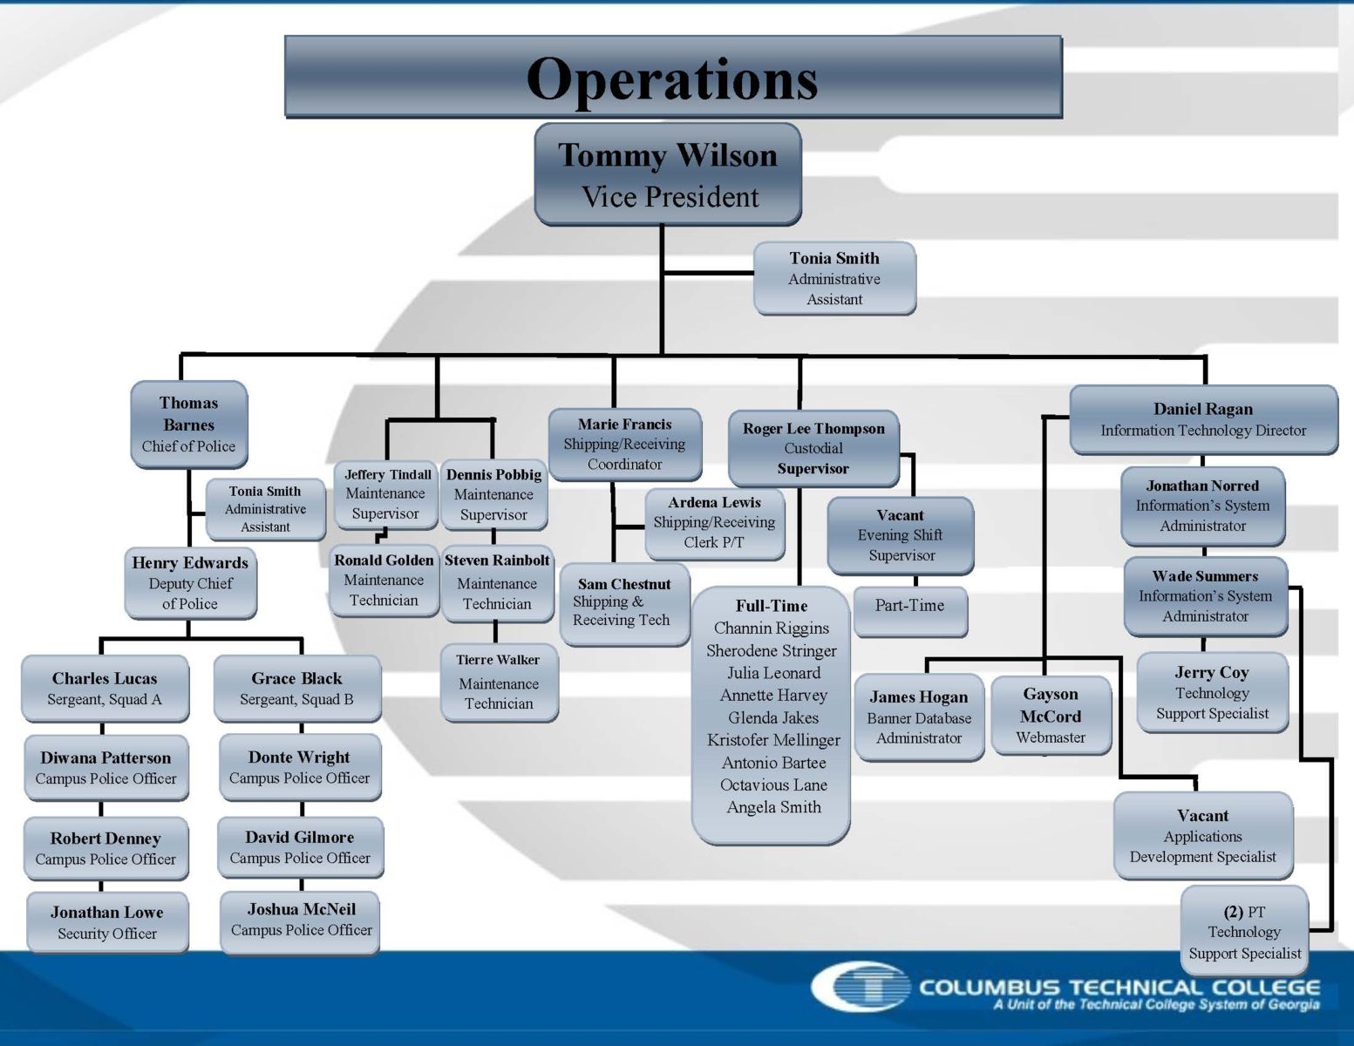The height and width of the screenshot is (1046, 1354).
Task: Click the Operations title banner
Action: [674, 77]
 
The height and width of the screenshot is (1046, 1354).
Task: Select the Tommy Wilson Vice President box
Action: [668, 173]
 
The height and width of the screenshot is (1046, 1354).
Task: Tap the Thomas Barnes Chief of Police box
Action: [189, 425]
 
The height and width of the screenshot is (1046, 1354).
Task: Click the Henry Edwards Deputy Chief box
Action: [190, 583]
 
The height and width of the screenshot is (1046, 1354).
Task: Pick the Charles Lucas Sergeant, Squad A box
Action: [105, 689]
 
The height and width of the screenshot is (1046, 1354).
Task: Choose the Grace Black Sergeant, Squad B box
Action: [297, 689]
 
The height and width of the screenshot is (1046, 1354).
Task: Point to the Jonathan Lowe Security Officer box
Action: [107, 922]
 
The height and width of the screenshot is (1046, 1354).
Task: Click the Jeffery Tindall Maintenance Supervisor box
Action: [385, 494]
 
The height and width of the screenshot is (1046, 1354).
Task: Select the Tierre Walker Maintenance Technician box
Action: [499, 683]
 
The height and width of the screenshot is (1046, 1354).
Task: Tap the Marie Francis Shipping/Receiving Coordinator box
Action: [625, 445]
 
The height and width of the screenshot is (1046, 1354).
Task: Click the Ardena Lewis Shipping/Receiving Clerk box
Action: [715, 523]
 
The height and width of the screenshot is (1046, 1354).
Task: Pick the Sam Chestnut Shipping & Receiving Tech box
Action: [625, 604]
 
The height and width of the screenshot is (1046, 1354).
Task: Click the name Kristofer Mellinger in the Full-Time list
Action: [773, 740]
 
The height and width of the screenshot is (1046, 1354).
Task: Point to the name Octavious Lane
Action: [773, 785]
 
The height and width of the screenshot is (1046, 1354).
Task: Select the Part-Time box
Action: [910, 610]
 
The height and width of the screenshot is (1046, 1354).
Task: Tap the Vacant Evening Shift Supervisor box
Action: [901, 536]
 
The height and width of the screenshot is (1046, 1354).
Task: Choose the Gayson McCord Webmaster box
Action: [1051, 716]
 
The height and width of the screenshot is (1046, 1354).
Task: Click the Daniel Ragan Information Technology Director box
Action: [1204, 420]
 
